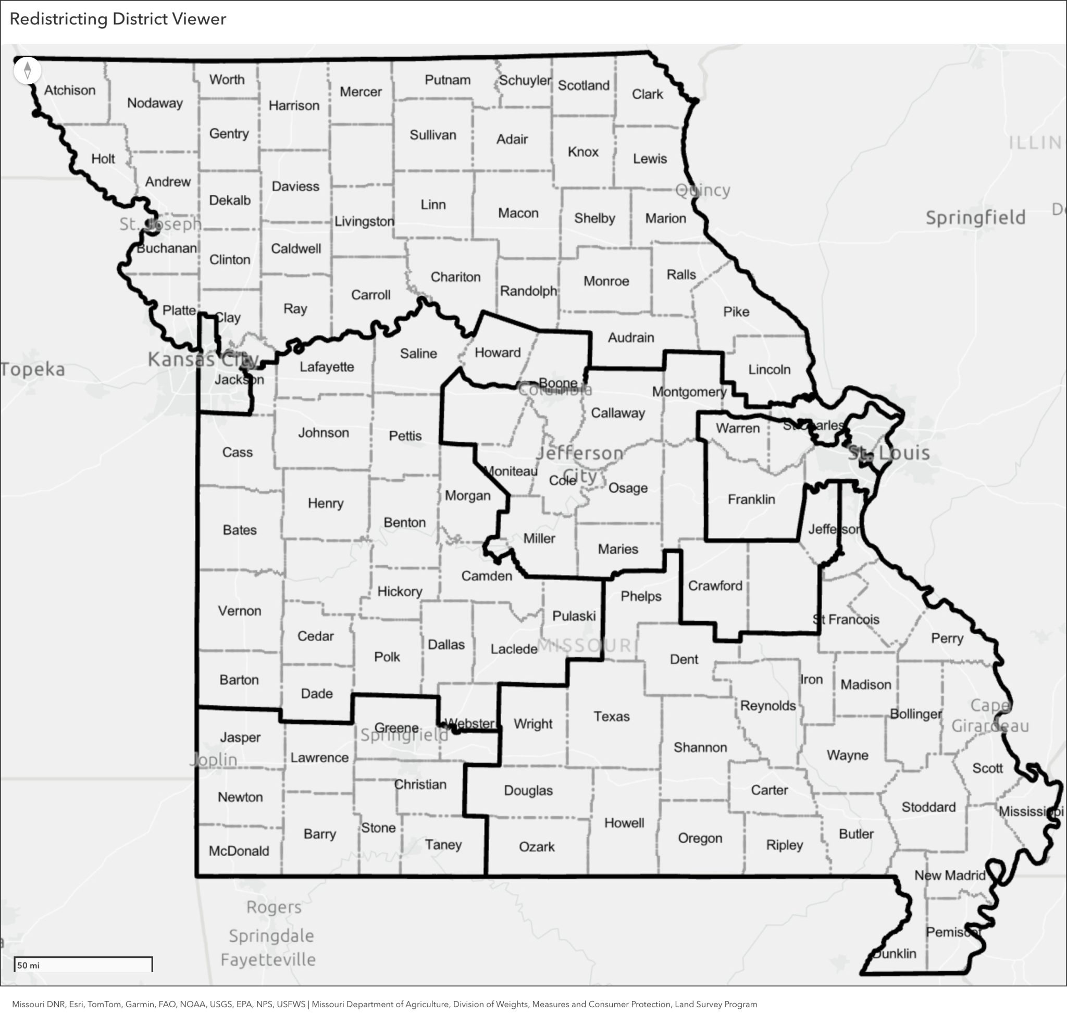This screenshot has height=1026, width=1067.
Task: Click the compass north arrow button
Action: (27, 71)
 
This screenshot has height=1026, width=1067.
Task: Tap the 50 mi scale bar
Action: (83, 965)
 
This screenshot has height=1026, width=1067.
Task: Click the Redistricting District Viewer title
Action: (118, 19)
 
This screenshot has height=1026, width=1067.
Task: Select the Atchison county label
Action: (70, 90)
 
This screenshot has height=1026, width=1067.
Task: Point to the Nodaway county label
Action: (155, 103)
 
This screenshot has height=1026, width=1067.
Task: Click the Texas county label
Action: (611, 716)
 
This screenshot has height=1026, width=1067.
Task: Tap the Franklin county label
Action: (751, 499)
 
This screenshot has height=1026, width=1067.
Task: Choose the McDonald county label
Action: (239, 850)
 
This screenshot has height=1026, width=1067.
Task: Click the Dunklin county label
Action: (894, 953)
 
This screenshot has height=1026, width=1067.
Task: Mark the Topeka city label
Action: (33, 369)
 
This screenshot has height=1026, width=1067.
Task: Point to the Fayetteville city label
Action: (268, 959)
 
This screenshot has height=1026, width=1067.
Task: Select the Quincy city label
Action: (702, 190)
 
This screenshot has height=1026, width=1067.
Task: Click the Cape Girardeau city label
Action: (990, 715)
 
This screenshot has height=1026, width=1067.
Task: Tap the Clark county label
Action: (647, 94)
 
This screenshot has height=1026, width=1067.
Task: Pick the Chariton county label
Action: (455, 277)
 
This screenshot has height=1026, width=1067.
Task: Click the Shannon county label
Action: (700, 747)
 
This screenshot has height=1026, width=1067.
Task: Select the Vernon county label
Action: (240, 611)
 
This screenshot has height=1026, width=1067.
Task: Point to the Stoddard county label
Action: (928, 807)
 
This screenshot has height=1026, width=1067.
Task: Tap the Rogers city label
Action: (274, 907)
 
